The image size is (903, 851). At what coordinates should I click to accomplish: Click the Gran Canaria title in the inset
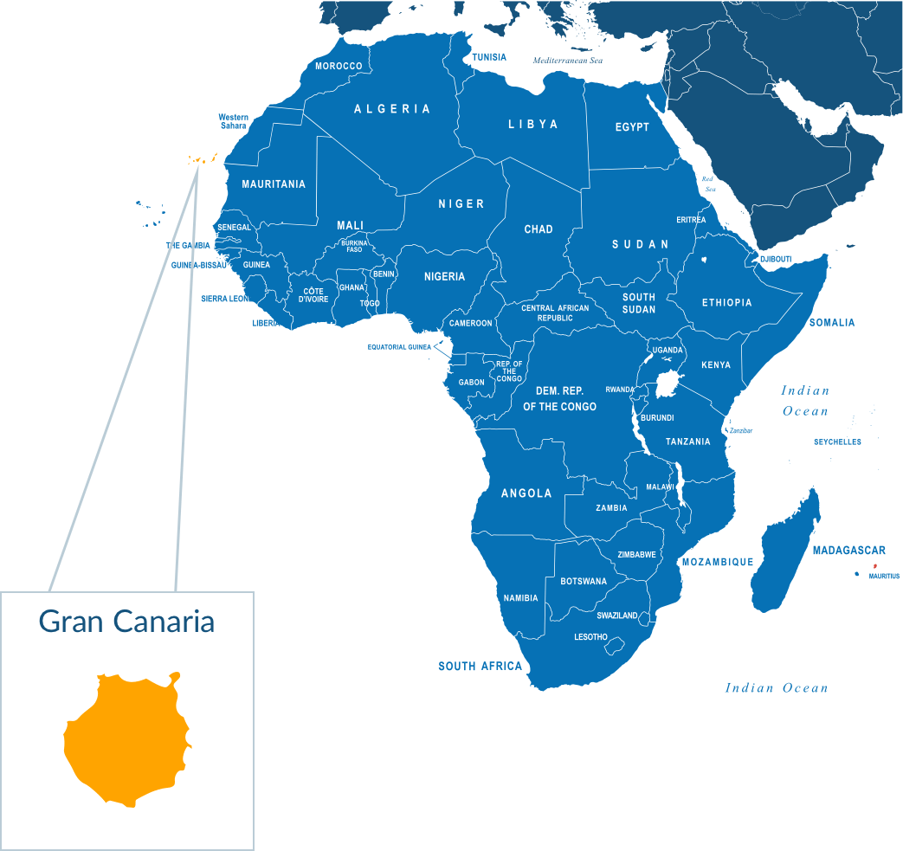126,622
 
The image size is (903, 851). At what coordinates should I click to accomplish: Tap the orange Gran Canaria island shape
126,740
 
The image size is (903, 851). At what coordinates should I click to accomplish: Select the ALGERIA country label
392,109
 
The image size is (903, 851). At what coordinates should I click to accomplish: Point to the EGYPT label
632,127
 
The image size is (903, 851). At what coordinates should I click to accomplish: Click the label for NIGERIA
444,277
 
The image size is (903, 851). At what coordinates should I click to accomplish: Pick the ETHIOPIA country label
726,303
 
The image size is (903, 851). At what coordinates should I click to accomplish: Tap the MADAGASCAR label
848,551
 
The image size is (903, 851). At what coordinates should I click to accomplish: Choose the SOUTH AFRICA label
481,667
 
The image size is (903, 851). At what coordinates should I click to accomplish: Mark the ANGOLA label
526,493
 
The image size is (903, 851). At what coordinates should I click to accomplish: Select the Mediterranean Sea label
567,61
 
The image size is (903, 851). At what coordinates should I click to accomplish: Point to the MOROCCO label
339,66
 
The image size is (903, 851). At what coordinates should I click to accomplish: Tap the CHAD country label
539,229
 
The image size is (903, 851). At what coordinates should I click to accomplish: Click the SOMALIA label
832,323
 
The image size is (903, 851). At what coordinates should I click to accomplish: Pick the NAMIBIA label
520,598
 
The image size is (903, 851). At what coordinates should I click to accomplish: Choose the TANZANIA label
687,442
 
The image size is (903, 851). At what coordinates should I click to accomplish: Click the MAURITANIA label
274,184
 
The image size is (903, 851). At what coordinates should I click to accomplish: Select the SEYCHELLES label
837,442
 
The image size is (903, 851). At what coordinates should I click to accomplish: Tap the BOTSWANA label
584,582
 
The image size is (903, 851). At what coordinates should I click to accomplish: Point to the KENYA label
716,365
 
